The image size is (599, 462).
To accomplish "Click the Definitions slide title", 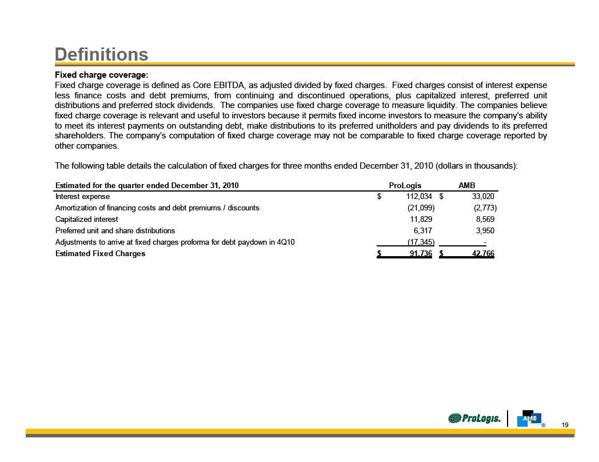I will click(x=101, y=54).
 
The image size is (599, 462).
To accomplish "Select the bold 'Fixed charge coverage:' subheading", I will click(x=101, y=75).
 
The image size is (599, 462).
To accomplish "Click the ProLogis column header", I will click(x=405, y=185).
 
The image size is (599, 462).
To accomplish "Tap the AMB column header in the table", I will click(x=467, y=185).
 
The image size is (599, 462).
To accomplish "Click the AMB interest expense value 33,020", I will click(x=480, y=197).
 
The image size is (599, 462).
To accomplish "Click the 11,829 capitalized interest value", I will click(x=421, y=219).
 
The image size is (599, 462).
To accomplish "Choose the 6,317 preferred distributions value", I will click(x=424, y=230).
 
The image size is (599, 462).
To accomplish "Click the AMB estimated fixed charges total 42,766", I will click(x=481, y=253).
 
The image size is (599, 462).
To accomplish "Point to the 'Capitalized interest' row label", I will click(x=87, y=219).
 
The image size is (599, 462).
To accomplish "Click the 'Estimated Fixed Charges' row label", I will click(x=100, y=253).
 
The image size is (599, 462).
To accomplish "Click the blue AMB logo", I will click(x=529, y=418).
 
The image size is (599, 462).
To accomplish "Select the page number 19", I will click(x=565, y=424).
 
